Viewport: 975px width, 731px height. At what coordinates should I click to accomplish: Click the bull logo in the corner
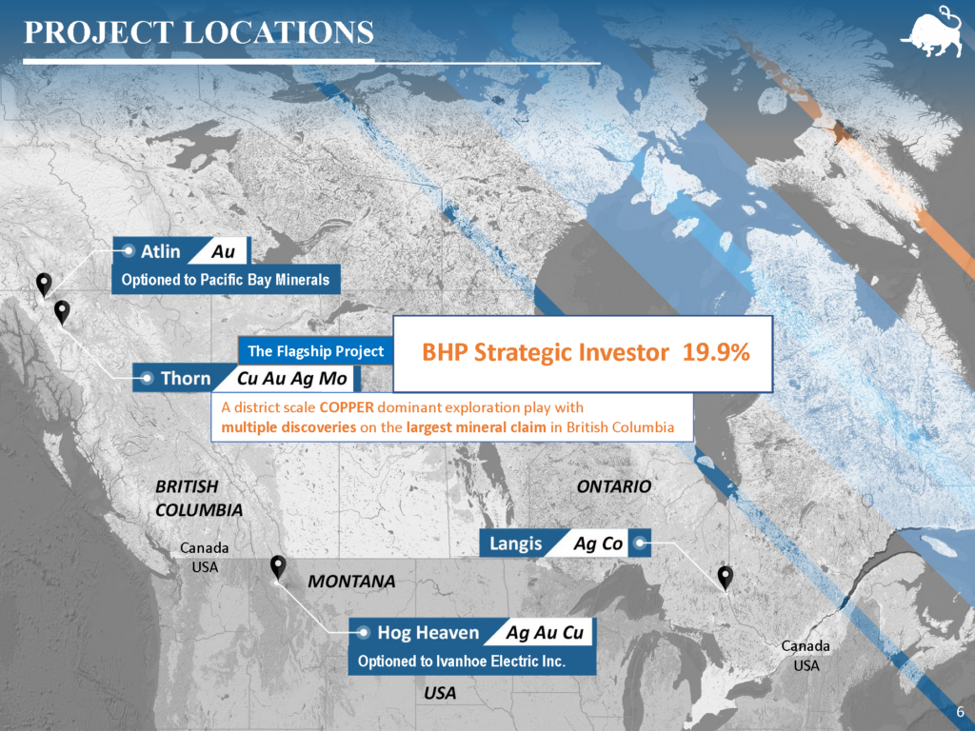[935, 32]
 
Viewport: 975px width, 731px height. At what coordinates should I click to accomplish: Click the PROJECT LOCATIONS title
[199, 32]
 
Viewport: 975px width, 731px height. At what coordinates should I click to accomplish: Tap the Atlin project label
[160, 251]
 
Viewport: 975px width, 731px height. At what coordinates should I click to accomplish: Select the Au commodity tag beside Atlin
[223, 251]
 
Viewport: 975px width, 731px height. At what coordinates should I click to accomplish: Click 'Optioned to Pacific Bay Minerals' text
[225, 280]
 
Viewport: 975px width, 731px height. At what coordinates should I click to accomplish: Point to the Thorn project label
[186, 378]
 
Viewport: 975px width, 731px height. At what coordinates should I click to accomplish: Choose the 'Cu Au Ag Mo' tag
[292, 378]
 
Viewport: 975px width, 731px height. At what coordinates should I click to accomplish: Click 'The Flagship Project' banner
[315, 351]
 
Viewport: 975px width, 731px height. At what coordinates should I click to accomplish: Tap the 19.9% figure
[716, 352]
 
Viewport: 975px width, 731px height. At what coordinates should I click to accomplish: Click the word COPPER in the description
[347, 407]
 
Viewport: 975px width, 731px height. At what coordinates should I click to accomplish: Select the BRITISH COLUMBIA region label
[199, 498]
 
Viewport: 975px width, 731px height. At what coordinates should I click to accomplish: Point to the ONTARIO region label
[614, 486]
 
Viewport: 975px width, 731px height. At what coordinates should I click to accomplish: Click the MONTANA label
[352, 582]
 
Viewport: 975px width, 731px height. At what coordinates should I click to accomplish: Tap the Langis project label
[515, 543]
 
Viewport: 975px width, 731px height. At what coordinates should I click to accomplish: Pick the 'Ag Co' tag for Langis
[598, 543]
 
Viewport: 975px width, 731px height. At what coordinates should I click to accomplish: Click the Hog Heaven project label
[428, 632]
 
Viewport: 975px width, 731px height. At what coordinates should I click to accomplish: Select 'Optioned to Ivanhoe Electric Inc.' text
[462, 661]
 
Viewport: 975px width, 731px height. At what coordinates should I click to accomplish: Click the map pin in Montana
[278, 567]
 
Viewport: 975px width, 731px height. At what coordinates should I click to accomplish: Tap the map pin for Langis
[725, 578]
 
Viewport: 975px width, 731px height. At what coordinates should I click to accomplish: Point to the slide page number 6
[961, 712]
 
